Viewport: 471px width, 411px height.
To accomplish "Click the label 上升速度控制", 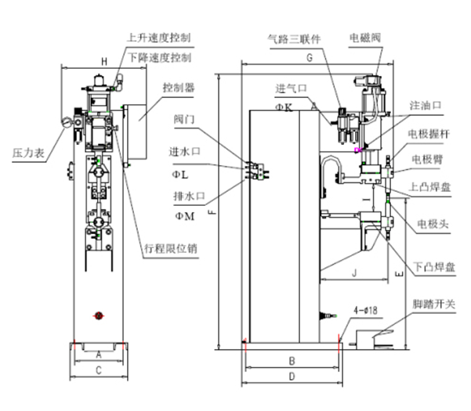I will pos(158,37).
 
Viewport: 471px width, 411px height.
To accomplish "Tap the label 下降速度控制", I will pos(160,57).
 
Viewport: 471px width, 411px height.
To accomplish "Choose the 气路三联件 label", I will pos(295,37).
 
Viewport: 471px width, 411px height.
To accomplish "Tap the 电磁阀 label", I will pos(367,37).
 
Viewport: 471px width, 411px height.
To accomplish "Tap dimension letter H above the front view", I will pos(103,61).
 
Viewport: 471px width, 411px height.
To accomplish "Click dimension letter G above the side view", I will pos(310,57).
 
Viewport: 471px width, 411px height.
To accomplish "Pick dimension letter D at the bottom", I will pos(292,377).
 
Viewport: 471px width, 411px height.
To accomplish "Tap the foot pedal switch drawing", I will pos(372,338).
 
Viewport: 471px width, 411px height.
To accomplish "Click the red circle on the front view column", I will pos(99,315).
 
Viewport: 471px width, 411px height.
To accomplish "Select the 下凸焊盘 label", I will pos(433,268).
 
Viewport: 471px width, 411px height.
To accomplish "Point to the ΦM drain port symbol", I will pos(186,215).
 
